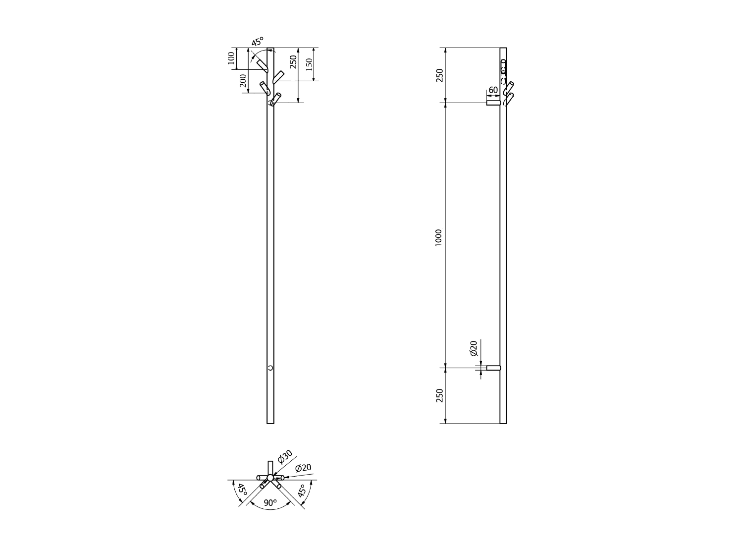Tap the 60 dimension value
(x=493, y=90)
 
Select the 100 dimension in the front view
(x=231, y=58)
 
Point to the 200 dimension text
(x=243, y=81)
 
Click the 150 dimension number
(x=309, y=64)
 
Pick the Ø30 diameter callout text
(x=285, y=457)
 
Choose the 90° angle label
(x=270, y=502)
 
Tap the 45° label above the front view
(x=258, y=42)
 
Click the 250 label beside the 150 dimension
(x=293, y=62)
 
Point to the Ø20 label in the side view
(x=473, y=349)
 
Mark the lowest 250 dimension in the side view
(x=439, y=396)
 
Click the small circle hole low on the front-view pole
(x=270, y=368)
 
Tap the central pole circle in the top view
(x=270, y=478)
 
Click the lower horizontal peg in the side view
(x=494, y=368)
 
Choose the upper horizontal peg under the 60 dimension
(x=493, y=103)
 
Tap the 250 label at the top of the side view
(x=439, y=75)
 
